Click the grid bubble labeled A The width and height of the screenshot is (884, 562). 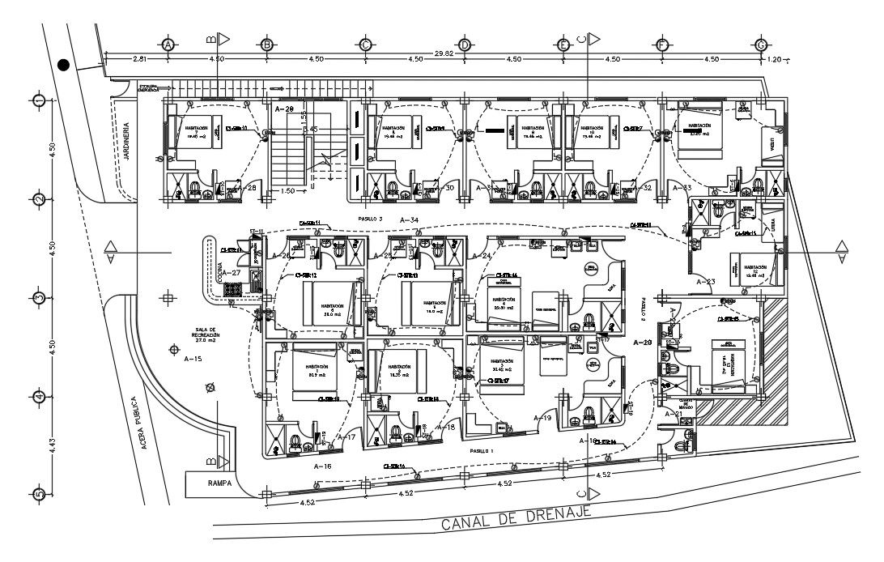tap(168, 45)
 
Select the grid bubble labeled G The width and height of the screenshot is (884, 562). tap(761, 45)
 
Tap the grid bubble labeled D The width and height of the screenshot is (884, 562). tap(465, 45)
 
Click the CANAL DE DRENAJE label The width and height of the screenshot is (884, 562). tap(516, 518)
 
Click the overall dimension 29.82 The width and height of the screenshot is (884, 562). tap(444, 53)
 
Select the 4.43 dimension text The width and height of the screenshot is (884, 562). tap(53, 447)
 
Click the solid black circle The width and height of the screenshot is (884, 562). tap(64, 65)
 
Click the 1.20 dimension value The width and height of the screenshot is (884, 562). tap(776, 59)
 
